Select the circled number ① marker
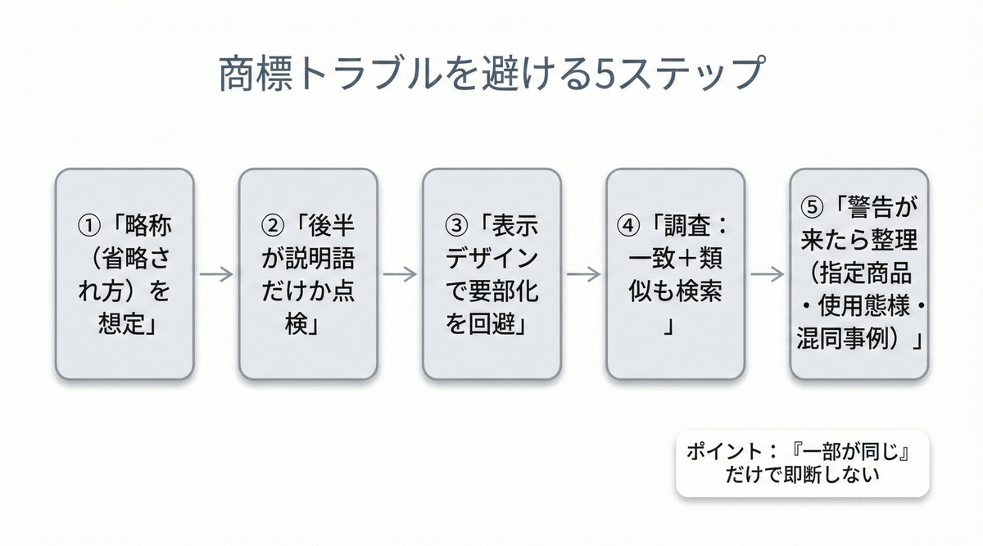click(86, 224)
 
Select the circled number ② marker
click(270, 224)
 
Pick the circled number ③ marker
click(454, 224)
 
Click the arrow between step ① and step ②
click(216, 274)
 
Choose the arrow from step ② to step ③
click(400, 274)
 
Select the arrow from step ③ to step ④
click(583, 274)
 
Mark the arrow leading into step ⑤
click(767, 274)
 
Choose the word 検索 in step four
click(698, 291)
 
